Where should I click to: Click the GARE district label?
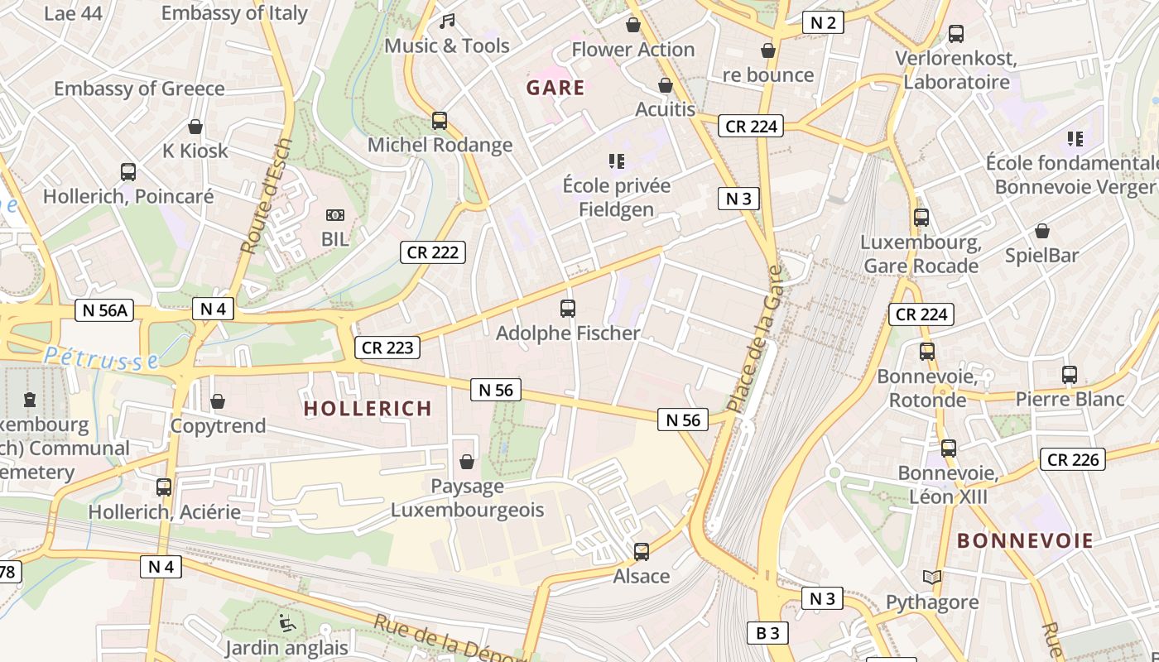point(555,88)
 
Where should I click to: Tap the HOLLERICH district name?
point(368,408)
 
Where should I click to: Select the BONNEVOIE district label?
point(1025,541)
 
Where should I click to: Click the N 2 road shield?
point(823,22)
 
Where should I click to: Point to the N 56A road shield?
point(104,310)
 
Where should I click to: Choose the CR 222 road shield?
point(433,252)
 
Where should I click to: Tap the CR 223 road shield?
point(387,348)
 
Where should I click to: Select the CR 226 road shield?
point(1073,459)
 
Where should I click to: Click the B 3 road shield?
point(767,633)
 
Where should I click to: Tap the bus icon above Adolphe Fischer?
point(568,309)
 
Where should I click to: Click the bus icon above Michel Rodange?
point(440,121)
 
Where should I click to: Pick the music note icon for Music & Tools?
point(447,21)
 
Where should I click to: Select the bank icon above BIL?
point(335,215)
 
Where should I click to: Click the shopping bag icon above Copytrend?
point(218,401)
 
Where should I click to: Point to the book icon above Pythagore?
point(932,578)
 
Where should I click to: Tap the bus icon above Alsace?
point(642,551)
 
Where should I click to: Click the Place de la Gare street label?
point(753,339)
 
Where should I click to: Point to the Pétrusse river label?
point(102,357)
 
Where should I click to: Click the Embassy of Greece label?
point(139,89)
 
